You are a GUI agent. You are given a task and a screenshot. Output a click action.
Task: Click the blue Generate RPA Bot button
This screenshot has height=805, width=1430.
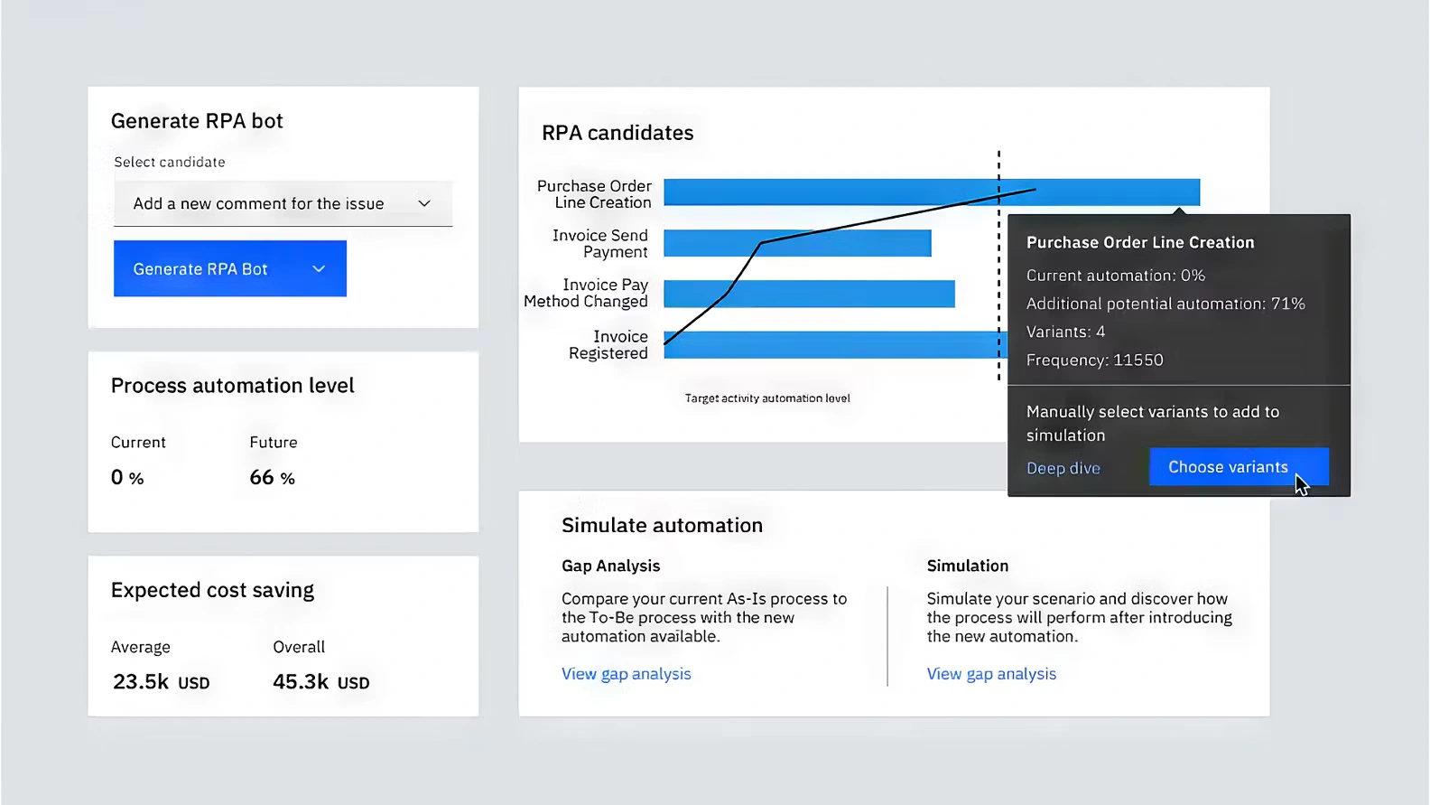(230, 268)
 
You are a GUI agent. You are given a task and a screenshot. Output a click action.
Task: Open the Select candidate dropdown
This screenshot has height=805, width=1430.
(283, 204)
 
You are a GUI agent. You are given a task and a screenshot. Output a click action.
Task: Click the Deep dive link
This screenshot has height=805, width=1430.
(1063, 468)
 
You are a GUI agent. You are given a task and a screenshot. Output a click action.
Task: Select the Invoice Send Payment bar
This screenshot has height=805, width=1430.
(797, 243)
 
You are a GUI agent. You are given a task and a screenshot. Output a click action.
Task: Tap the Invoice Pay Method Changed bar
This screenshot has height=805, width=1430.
(810, 294)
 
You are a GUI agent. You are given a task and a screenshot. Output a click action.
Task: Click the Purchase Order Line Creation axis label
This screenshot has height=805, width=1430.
(594, 194)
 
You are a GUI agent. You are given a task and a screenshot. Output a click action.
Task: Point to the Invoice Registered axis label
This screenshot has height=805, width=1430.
(608, 345)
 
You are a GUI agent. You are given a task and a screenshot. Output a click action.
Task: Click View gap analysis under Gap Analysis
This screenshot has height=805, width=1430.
(627, 674)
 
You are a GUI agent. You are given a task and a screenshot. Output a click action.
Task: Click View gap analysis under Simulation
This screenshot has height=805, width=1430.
(991, 674)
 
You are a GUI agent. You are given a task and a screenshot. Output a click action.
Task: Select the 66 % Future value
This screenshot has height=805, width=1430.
(272, 477)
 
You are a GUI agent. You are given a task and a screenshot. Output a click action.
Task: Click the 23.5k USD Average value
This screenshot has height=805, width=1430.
(161, 682)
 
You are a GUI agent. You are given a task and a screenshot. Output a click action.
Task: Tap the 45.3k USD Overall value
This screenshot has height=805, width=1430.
(321, 682)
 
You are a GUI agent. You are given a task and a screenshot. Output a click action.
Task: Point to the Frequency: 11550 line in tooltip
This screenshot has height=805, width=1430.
(1094, 360)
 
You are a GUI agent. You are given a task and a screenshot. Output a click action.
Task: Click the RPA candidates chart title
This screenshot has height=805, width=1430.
(617, 133)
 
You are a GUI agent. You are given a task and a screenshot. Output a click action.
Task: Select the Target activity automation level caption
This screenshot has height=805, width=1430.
(767, 398)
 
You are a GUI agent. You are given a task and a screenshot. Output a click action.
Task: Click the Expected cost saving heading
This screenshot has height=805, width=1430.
(212, 590)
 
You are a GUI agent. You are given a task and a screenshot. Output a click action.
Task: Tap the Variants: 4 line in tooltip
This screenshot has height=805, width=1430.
(1065, 332)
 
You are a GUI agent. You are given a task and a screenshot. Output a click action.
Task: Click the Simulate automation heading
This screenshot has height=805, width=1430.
(662, 525)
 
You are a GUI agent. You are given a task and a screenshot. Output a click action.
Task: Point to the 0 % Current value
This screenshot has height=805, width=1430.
(127, 477)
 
